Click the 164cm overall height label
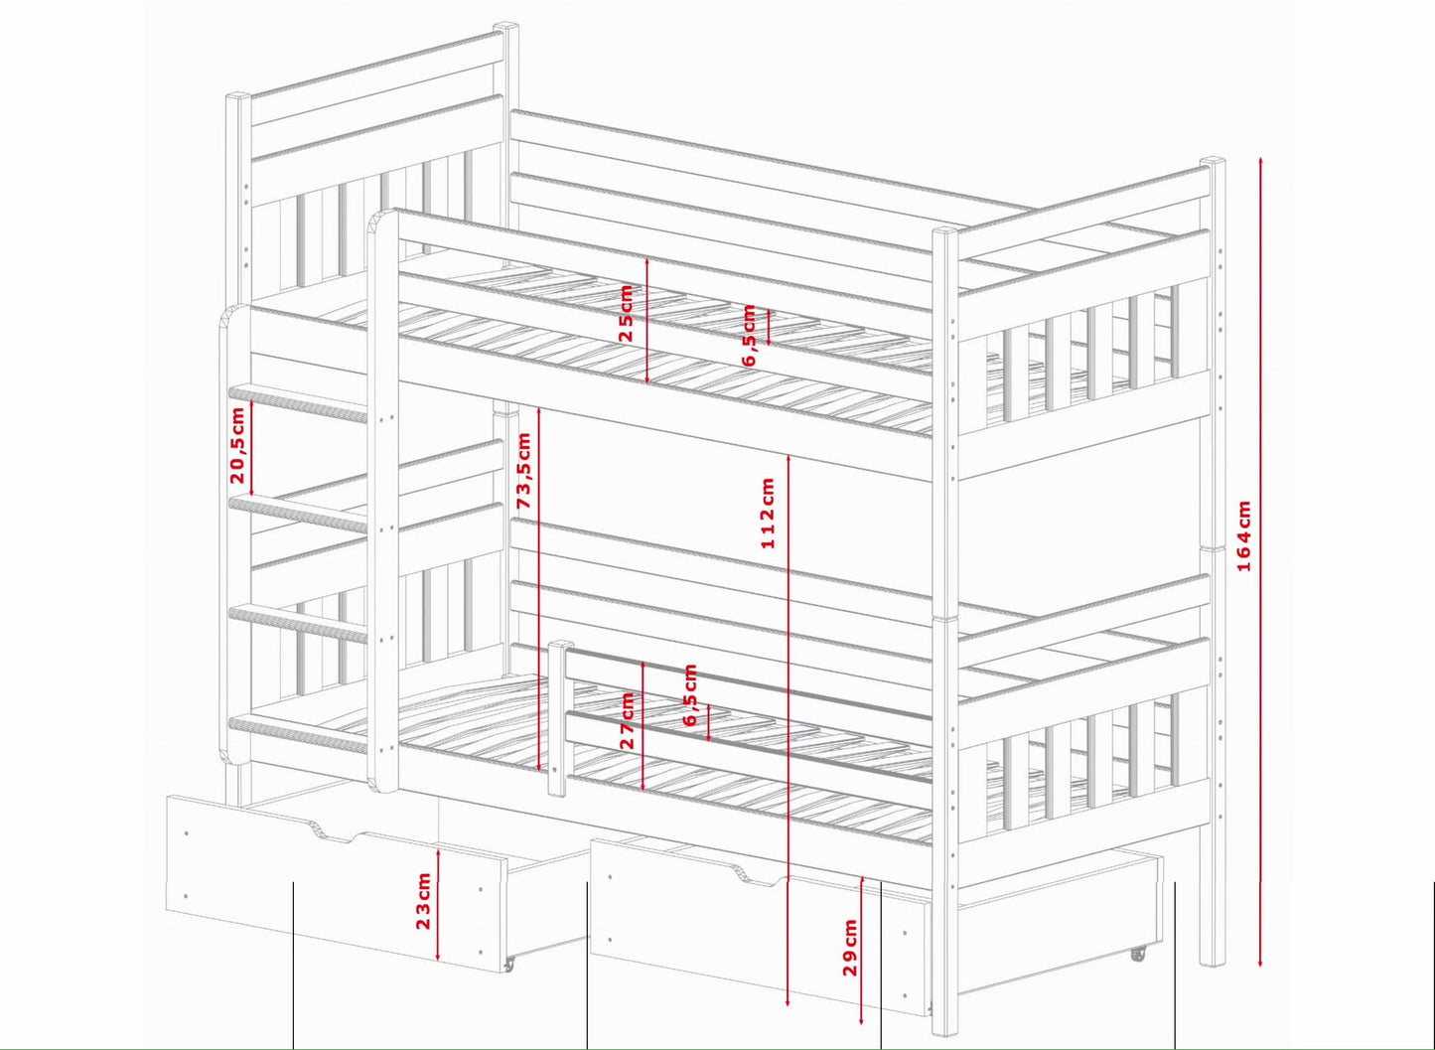(x=1243, y=535)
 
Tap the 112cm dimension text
(x=767, y=513)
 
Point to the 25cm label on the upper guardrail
(x=626, y=313)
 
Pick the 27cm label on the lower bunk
(x=627, y=720)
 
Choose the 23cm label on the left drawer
(x=423, y=901)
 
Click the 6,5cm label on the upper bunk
(x=749, y=335)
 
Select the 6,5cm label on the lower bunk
(x=690, y=694)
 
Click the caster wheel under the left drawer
(x=509, y=964)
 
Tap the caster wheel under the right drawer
(x=1138, y=954)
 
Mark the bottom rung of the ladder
(x=298, y=736)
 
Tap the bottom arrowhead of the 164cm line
(x=1260, y=963)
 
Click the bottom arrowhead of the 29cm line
(x=862, y=1020)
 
